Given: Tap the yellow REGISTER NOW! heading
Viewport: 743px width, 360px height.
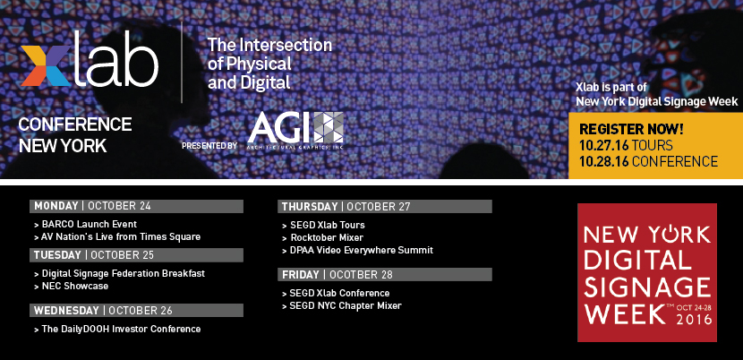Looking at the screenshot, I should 632,129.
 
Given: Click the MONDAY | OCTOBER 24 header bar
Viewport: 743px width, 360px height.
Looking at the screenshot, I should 136,206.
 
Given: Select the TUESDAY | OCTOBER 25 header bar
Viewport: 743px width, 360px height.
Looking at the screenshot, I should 136,255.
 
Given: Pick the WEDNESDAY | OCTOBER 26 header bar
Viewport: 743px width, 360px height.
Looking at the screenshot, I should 136,311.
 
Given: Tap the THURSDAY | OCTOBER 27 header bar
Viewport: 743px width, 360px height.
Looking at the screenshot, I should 385,207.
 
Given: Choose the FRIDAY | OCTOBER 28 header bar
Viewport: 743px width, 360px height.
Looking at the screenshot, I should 385,274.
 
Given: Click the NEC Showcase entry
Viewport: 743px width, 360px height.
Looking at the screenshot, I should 74,286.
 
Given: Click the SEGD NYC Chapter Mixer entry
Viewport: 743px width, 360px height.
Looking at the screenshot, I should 345,305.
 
